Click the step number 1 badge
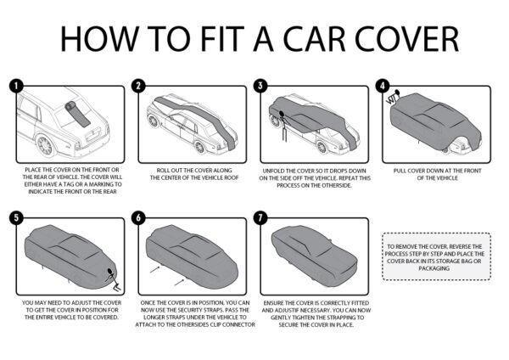click(15, 86)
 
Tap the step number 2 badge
click(137, 86)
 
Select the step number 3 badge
click(261, 86)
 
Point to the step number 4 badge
click(383, 86)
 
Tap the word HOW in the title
click(94, 39)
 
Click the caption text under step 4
click(438, 173)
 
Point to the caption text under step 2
click(191, 173)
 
